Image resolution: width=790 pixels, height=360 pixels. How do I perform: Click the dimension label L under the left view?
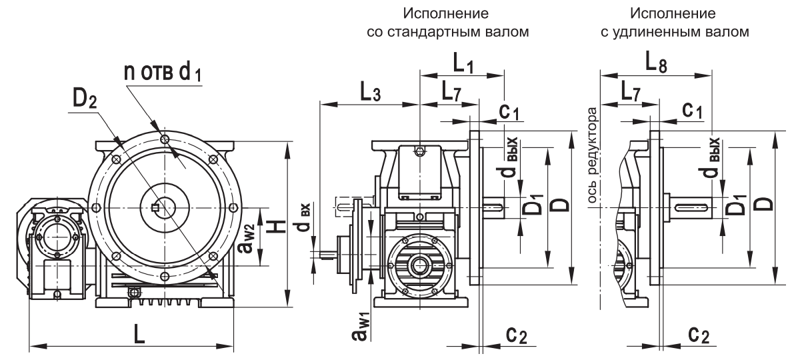click(139, 335)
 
